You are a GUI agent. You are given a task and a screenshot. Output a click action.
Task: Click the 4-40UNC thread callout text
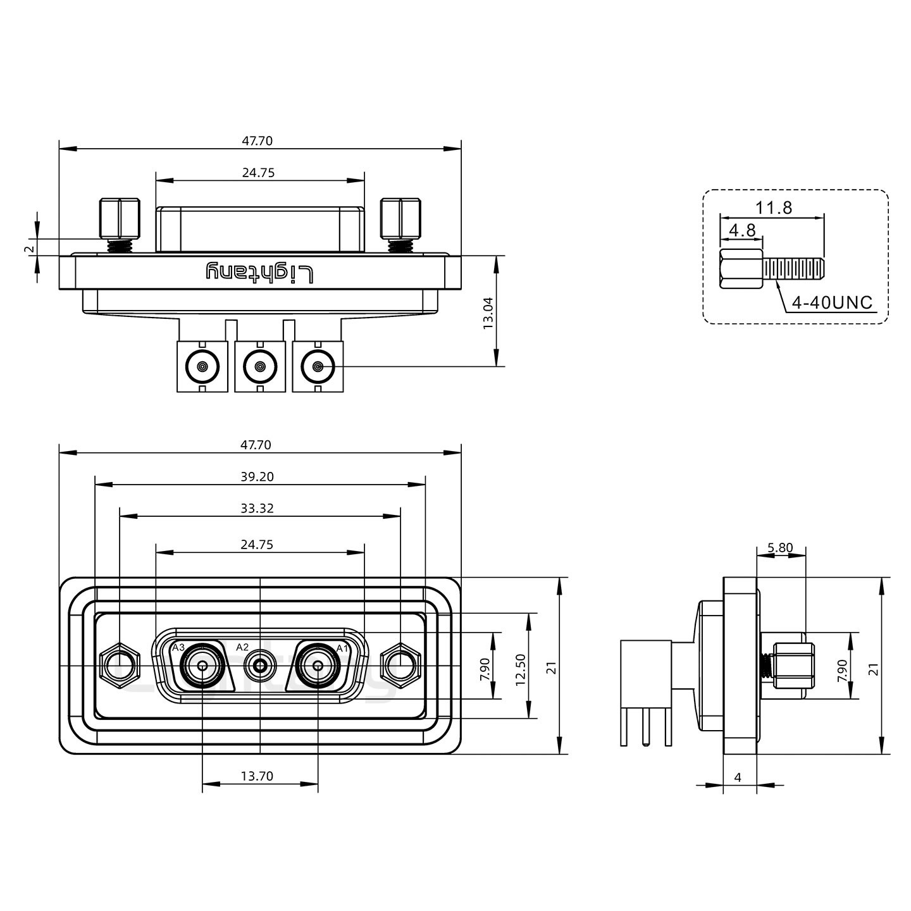[832, 302]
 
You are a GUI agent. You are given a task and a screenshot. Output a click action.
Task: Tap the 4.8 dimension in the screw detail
[741, 230]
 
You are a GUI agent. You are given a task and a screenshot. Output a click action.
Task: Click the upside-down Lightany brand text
[259, 273]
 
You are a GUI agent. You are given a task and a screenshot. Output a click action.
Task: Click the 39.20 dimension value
[257, 476]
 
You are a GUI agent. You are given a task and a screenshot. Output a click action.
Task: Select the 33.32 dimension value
[257, 508]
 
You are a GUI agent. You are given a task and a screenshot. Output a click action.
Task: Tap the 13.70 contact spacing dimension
[257, 776]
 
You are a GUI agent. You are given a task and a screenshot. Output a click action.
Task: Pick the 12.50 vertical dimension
[521, 669]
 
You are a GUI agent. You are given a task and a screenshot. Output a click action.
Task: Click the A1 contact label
[342, 648]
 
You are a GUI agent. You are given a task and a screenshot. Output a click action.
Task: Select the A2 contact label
[242, 647]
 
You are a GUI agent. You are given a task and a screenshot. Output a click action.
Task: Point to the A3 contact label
[178, 648]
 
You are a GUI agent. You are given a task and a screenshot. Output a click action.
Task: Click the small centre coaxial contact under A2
[259, 666]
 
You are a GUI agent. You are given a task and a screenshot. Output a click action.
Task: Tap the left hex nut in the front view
[119, 666]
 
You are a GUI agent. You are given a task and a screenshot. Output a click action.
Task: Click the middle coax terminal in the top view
[259, 366]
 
